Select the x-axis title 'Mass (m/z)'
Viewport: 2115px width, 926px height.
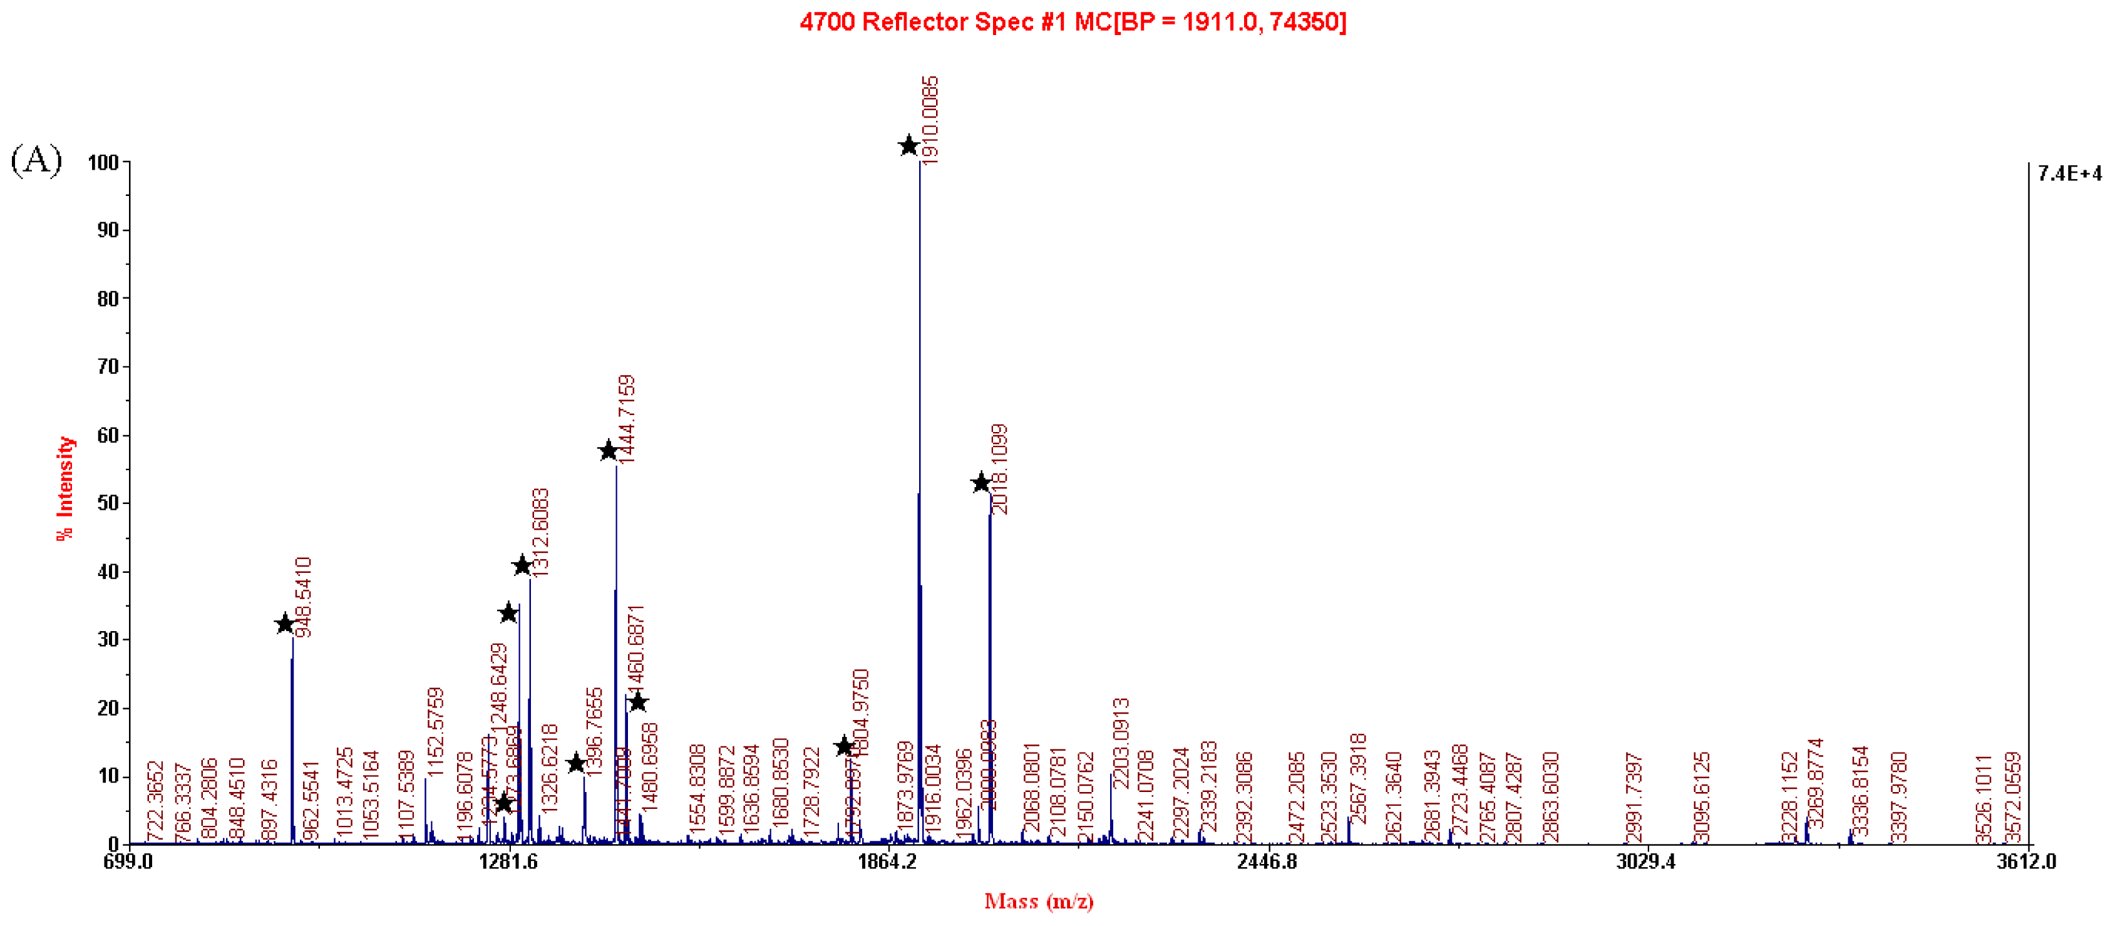(1039, 902)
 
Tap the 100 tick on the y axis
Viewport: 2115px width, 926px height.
(103, 163)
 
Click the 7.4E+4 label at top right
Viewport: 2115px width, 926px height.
(2070, 173)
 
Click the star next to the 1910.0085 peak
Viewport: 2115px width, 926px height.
(908, 146)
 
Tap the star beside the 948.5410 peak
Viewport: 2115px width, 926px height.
(284, 624)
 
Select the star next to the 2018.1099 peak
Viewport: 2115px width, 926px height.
(980, 483)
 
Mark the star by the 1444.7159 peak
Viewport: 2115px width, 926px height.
(607, 451)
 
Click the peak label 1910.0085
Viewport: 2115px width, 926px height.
(929, 121)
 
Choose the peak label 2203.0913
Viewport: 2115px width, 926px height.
(1121, 743)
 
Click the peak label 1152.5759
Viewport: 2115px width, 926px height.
(435, 731)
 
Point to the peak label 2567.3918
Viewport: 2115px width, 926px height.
(1358, 778)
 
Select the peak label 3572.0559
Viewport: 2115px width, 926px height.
(2012, 797)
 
